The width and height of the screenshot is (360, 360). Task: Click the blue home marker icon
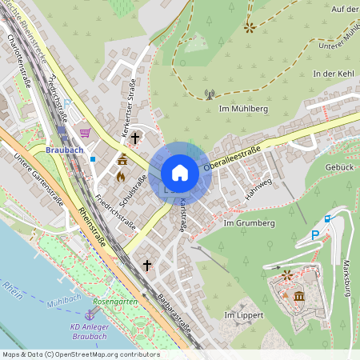click(x=180, y=172)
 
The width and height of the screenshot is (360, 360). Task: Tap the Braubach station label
click(x=64, y=150)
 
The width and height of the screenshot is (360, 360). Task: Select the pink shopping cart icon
click(x=85, y=133)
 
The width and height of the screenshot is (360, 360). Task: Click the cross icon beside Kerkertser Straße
click(x=135, y=138)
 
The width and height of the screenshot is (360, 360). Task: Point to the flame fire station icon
click(x=121, y=177)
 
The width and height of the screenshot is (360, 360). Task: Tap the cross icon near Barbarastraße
click(x=147, y=264)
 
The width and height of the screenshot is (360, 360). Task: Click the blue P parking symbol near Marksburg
click(x=314, y=235)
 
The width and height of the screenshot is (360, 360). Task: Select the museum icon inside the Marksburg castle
click(x=298, y=297)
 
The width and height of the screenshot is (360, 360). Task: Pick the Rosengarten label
click(x=112, y=302)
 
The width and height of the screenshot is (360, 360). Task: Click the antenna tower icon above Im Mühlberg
click(x=210, y=94)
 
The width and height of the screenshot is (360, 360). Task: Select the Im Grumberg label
click(x=249, y=223)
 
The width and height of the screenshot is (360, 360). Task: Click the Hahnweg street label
click(x=259, y=190)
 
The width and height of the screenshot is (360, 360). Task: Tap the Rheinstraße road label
click(x=96, y=225)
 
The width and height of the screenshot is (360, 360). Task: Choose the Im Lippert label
click(x=242, y=316)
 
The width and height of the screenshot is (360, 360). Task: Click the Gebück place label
click(x=340, y=166)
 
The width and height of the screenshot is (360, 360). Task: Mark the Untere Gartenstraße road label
click(x=39, y=179)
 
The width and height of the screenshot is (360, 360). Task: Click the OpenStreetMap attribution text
click(x=80, y=354)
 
